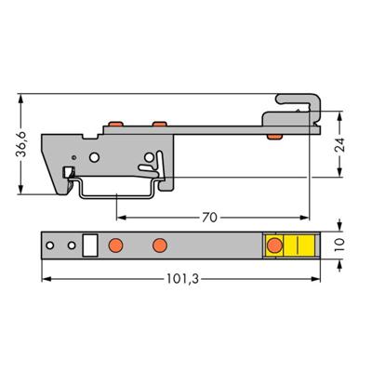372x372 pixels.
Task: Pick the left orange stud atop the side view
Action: [x=116, y=123]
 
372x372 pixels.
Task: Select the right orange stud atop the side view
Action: [x=159, y=123]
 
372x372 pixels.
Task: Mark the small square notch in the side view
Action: [x=67, y=171]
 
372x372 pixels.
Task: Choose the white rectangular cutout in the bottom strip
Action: [x=90, y=246]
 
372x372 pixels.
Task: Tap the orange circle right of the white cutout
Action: [x=116, y=246]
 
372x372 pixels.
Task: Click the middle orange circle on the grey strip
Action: [x=159, y=246]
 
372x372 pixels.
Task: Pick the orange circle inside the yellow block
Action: [x=275, y=246]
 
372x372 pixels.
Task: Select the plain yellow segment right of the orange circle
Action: [x=302, y=246]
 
